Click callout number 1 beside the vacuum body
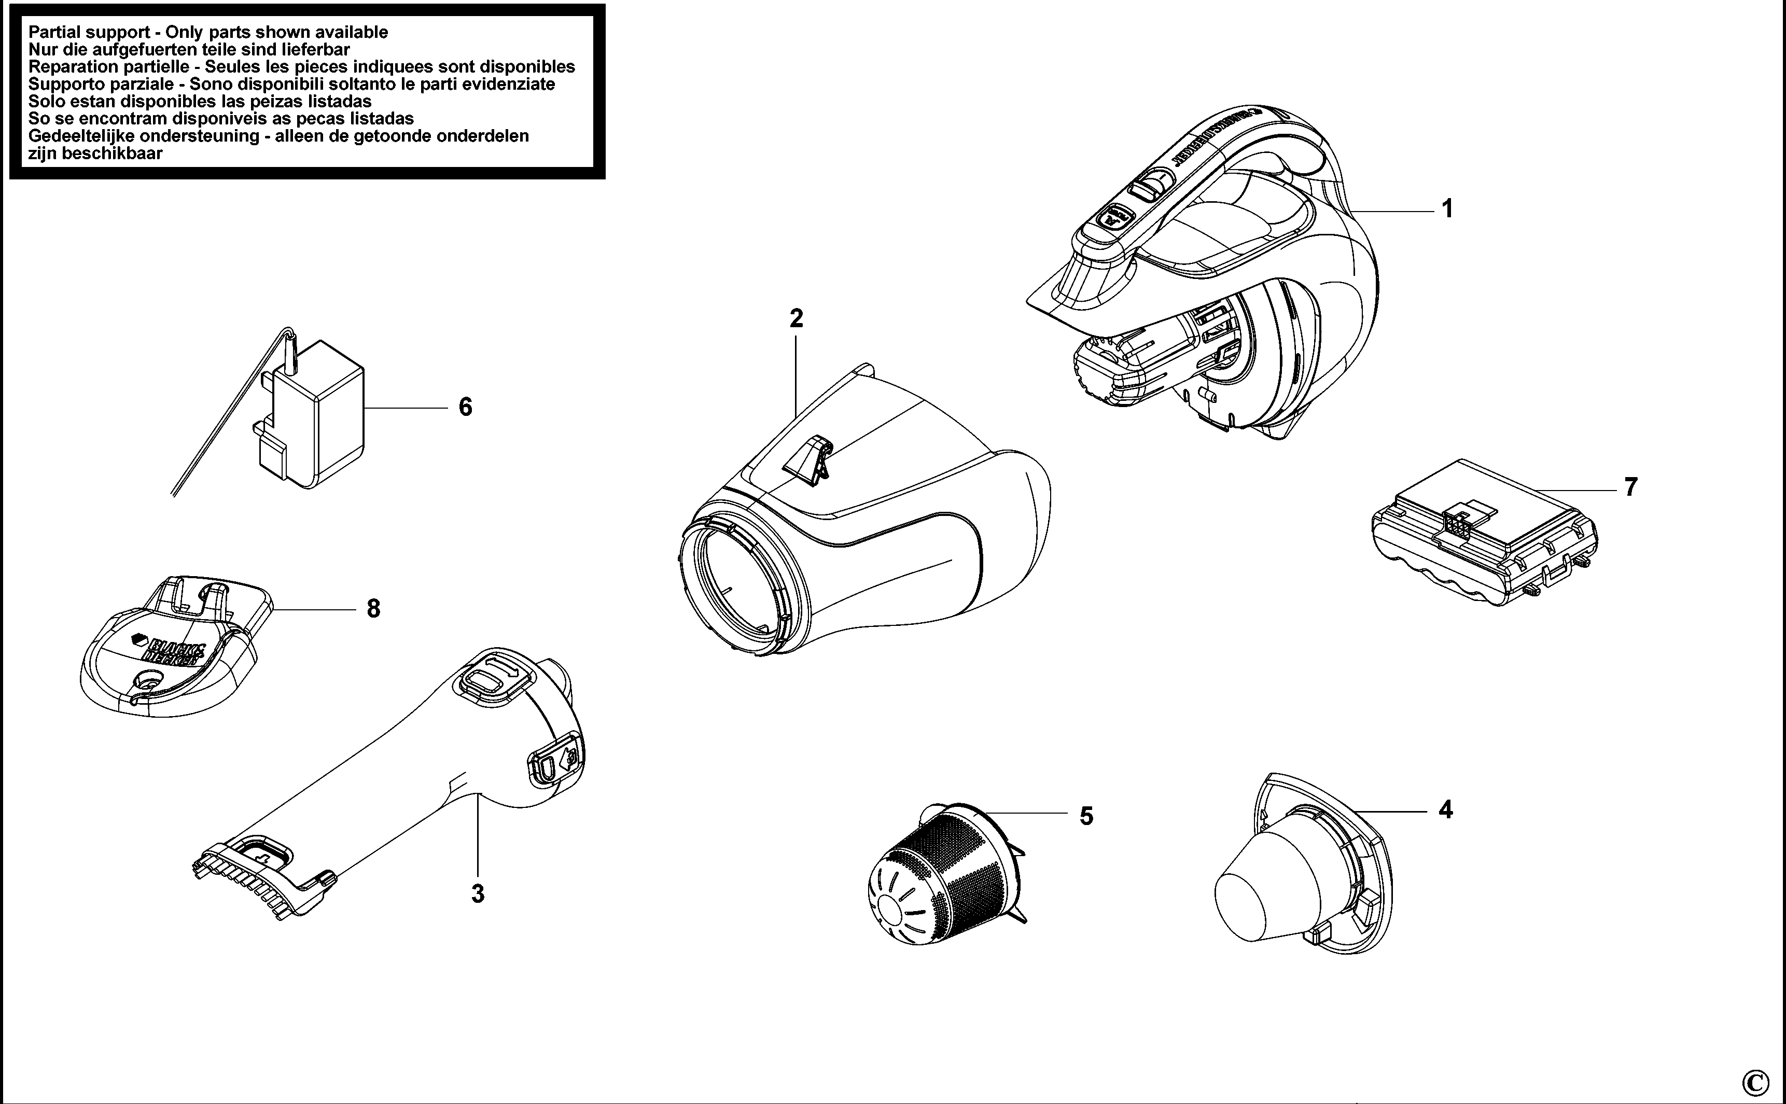tap(1446, 209)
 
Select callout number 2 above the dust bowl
tap(796, 319)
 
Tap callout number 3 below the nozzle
tap(478, 893)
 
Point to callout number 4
tap(1445, 810)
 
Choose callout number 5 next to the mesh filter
tap(1086, 816)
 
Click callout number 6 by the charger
tap(465, 407)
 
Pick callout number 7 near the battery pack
tap(1630, 487)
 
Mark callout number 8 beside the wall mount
tap(373, 608)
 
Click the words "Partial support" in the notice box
tap(88, 32)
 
